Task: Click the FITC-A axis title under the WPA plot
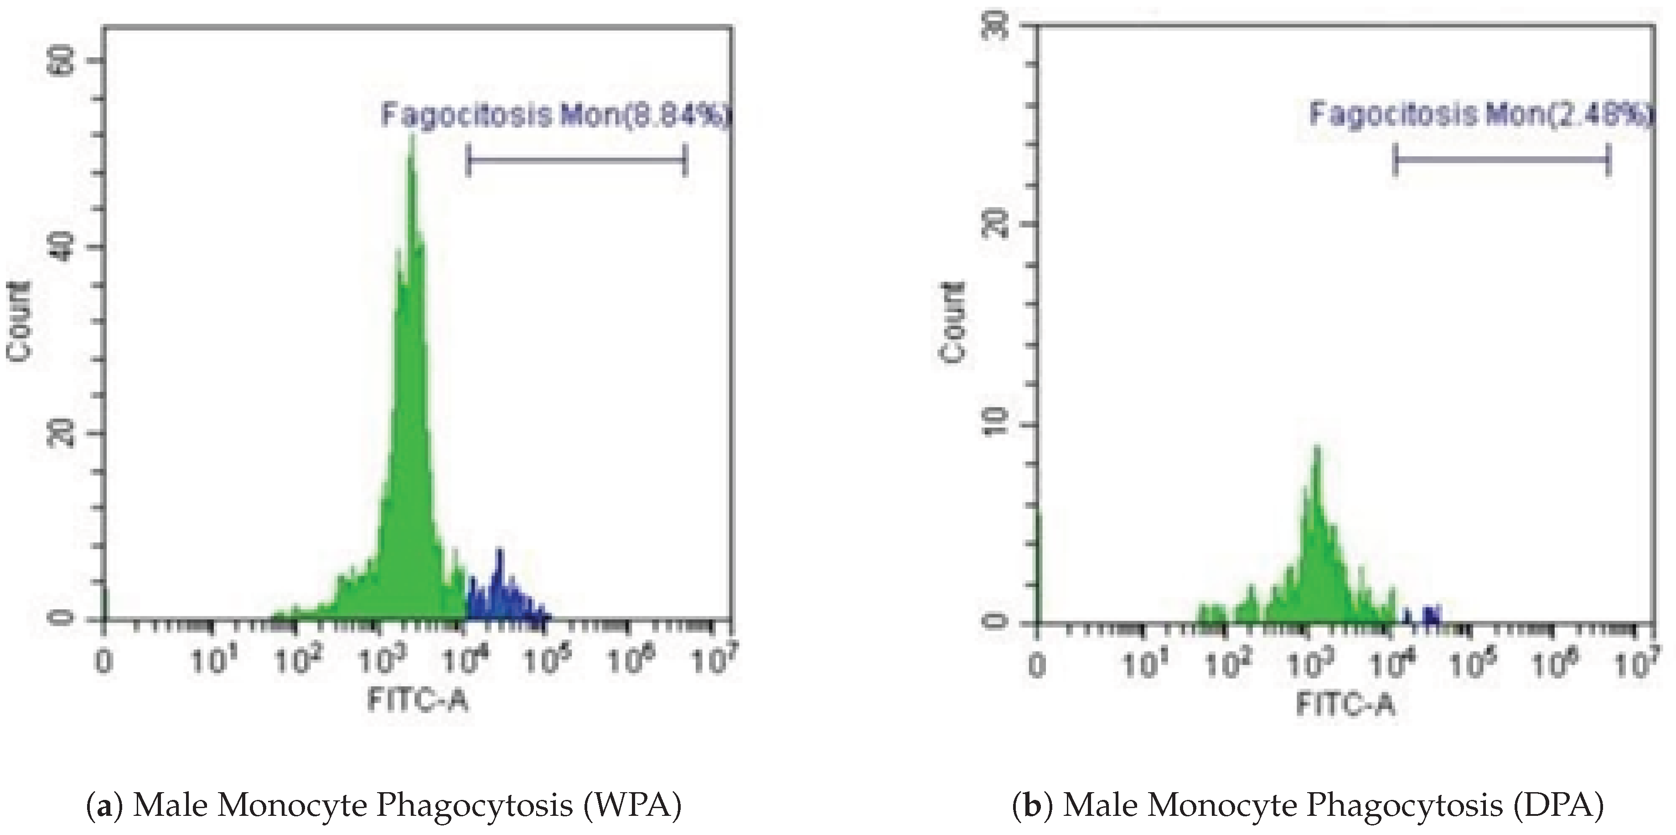[x=419, y=701]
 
